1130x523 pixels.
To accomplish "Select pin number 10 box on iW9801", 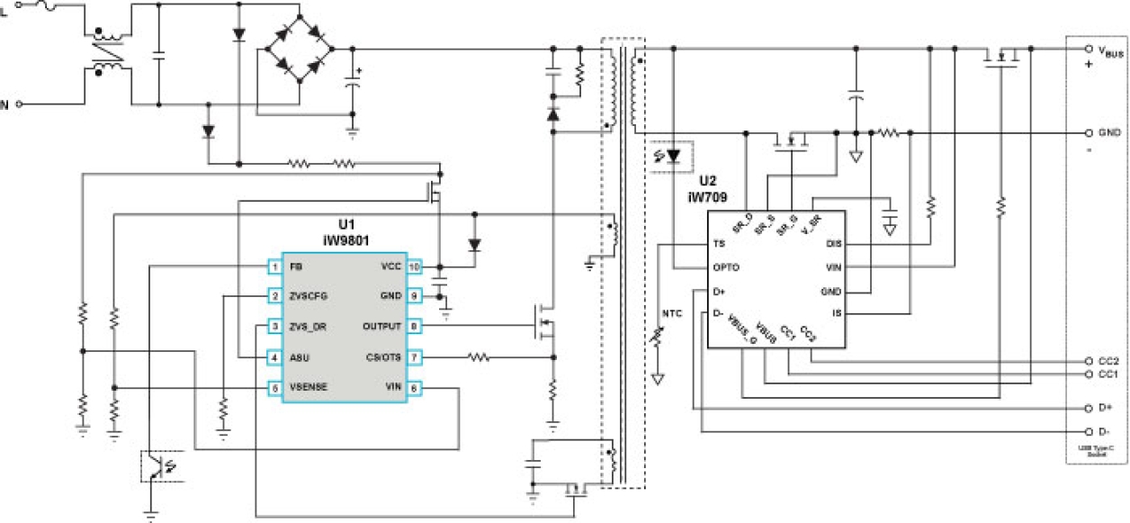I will point(414,267).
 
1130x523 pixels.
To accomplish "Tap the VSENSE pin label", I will point(308,388).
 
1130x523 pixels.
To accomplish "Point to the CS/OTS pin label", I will point(382,357).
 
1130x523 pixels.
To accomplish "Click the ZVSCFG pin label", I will point(307,296).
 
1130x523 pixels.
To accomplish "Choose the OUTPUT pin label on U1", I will point(382,327).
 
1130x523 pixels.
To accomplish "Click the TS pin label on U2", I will point(718,244).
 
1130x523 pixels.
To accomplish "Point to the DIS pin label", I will point(832,244).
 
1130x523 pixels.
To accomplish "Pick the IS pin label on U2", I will point(836,313).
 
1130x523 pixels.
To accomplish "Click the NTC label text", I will point(672,313).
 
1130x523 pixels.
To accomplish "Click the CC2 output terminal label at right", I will point(1108,361).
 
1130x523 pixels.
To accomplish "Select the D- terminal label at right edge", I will point(1105,431).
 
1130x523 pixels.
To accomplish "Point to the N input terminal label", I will point(4,104).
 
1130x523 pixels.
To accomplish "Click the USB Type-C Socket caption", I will point(1098,449).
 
